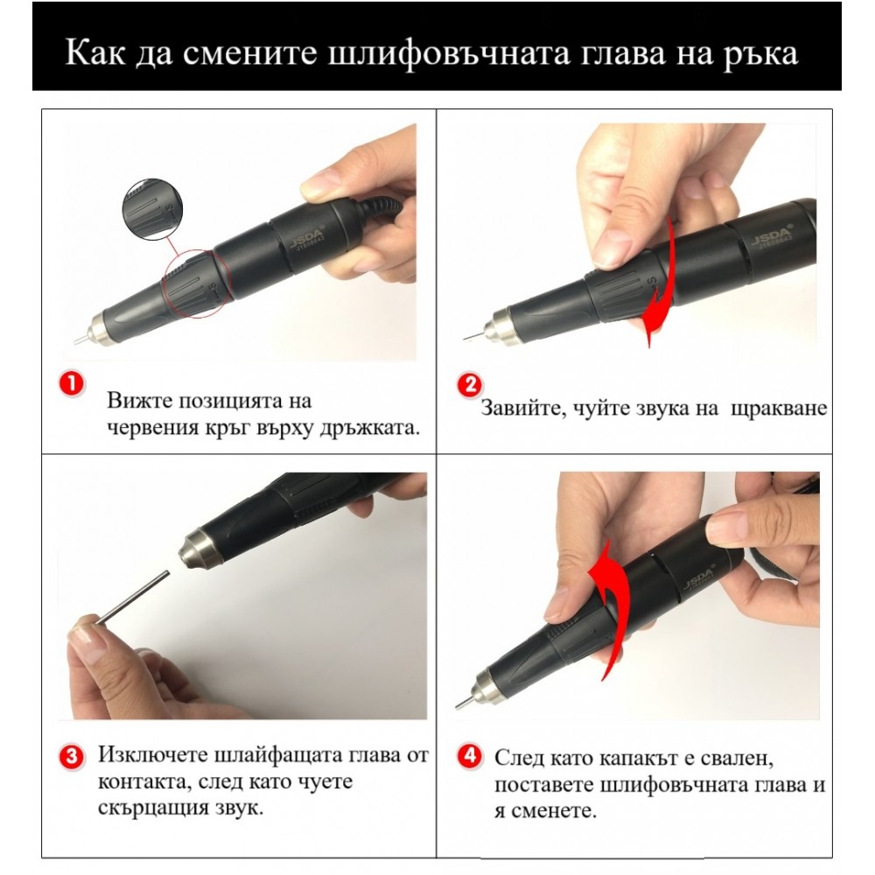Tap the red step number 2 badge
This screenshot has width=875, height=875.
(470, 385)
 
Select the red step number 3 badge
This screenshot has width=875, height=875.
(73, 755)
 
